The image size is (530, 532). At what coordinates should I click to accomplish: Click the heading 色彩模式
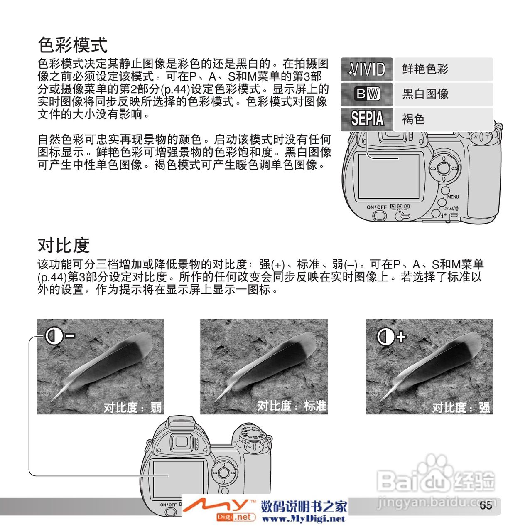click(x=73, y=45)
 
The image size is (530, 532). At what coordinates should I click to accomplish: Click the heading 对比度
click(x=64, y=245)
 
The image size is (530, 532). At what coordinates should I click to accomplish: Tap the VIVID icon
click(x=367, y=69)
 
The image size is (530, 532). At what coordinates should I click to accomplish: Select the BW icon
click(x=367, y=94)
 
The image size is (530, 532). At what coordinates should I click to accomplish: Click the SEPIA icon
click(x=367, y=119)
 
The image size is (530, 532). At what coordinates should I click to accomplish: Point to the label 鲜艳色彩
click(x=425, y=69)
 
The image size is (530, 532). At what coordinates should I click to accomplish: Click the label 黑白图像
click(x=425, y=94)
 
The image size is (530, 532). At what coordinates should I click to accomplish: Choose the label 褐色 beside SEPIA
click(x=413, y=119)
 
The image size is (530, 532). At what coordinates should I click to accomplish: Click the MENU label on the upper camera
click(x=453, y=197)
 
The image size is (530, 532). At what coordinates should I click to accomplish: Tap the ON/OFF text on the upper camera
click(x=377, y=207)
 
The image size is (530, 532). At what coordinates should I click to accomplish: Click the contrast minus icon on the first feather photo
click(x=59, y=336)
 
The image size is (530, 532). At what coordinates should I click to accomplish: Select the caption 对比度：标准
click(x=292, y=406)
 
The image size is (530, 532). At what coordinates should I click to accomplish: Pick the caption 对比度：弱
click(x=132, y=407)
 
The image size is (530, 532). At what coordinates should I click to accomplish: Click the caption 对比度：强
click(x=461, y=407)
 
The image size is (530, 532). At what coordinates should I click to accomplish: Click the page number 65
click(x=486, y=505)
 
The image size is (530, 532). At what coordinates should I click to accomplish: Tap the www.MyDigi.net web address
click(x=304, y=519)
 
